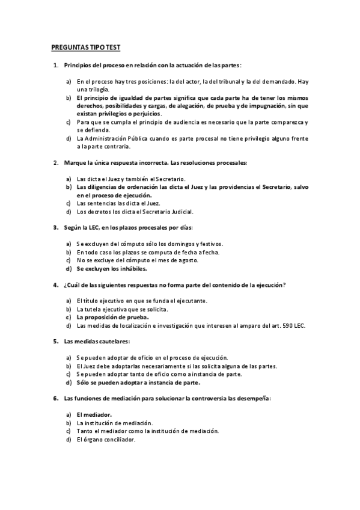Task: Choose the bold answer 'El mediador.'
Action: pyautogui.click(x=94, y=415)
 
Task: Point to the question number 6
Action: pyautogui.click(x=55, y=398)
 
